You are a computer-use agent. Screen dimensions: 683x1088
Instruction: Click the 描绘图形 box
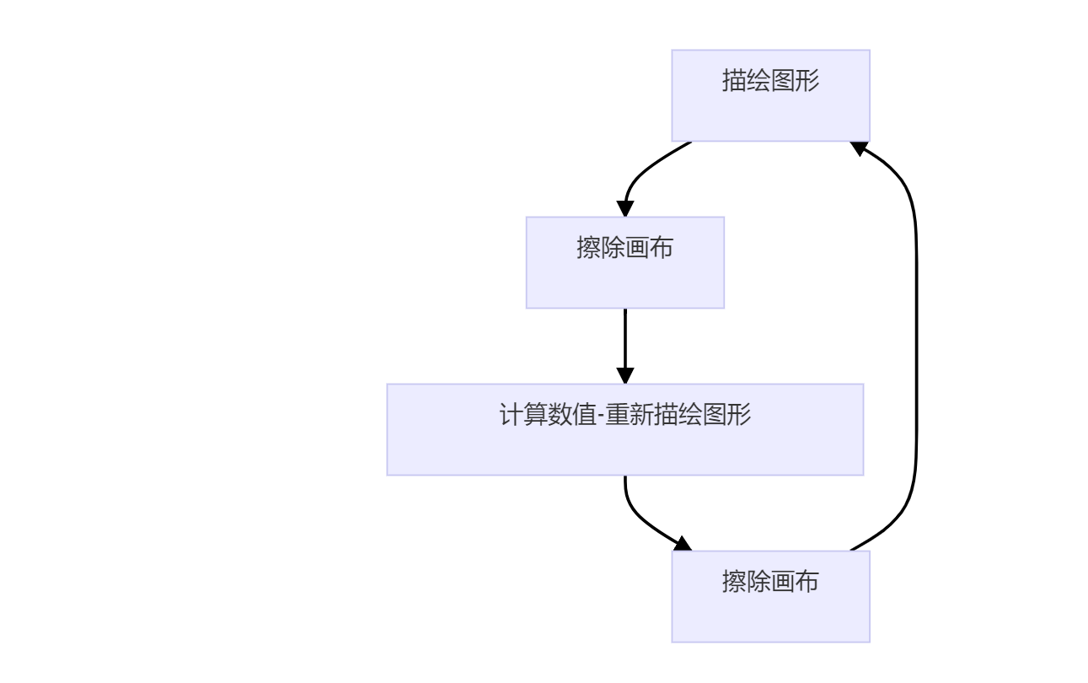pyautogui.click(x=770, y=95)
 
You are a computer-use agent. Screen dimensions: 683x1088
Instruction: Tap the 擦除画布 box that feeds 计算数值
pyautogui.click(x=624, y=262)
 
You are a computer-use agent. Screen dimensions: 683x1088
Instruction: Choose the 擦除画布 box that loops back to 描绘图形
pyautogui.click(x=770, y=596)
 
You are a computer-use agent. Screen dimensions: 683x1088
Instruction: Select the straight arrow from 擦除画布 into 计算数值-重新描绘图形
pyautogui.click(x=624, y=341)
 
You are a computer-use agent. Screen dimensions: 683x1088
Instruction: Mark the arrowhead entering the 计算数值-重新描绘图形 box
pyautogui.click(x=624, y=374)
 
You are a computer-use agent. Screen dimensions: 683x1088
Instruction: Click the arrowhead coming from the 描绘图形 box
pyautogui.click(x=625, y=208)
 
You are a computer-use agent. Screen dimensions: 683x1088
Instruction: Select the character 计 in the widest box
pyautogui.click(x=512, y=416)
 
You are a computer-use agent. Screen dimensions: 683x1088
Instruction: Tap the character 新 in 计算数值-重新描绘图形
pyautogui.click(x=642, y=416)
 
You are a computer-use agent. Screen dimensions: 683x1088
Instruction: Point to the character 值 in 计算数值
pyautogui.click(x=583, y=416)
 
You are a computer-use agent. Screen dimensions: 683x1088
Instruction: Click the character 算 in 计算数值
pyautogui.click(x=535, y=416)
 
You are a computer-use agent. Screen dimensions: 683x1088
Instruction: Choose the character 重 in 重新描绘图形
pyautogui.click(x=618, y=416)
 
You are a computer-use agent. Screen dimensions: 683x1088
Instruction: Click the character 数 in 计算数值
pyautogui.click(x=560, y=416)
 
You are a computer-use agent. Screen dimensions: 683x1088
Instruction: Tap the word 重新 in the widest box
pyautogui.click(x=630, y=416)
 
